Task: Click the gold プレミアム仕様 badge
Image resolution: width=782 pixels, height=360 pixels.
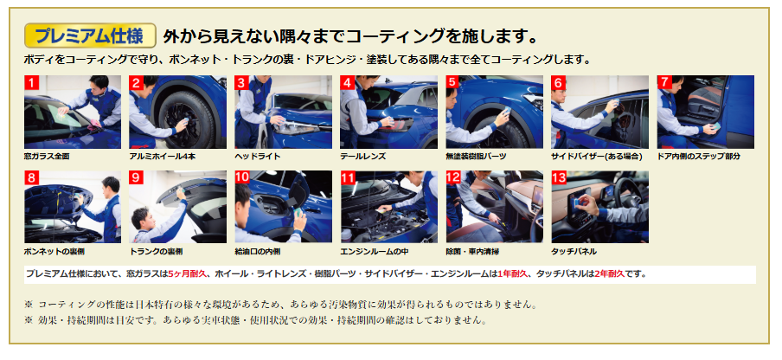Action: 90,35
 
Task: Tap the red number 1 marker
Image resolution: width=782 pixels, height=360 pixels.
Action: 31,82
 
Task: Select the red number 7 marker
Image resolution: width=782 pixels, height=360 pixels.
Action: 664,82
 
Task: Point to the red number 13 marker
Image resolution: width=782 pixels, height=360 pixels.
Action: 559,177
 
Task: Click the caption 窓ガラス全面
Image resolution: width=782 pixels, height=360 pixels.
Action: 47,156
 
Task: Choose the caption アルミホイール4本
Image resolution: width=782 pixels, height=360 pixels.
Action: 162,156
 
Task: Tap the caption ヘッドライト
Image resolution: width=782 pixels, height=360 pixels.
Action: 257,156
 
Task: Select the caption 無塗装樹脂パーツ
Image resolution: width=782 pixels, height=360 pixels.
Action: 476,156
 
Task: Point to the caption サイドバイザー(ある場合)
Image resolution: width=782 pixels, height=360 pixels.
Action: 597,156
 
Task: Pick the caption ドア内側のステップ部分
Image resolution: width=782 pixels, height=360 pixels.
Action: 699,156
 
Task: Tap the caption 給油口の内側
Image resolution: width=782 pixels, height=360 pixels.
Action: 257,251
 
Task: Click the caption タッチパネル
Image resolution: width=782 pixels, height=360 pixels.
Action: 574,251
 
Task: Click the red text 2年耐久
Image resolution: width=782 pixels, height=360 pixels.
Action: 610,273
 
